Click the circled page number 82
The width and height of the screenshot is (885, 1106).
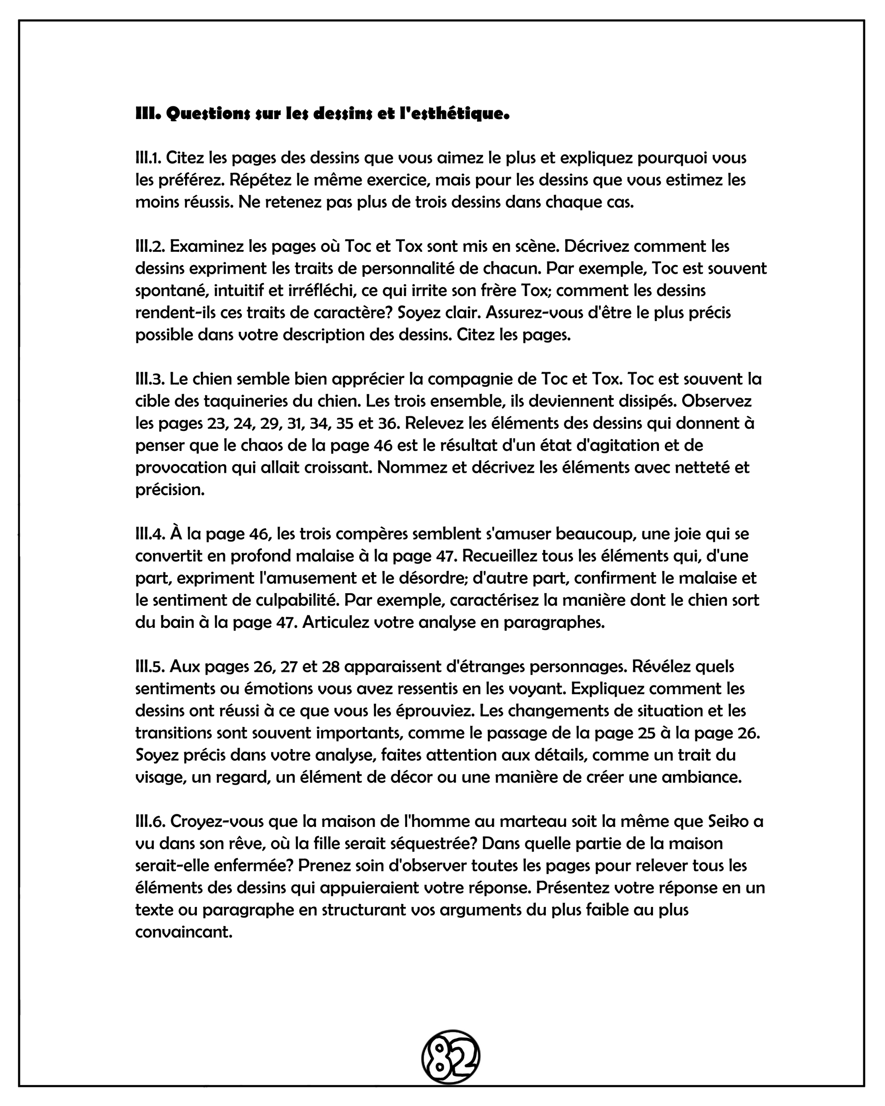pos(450,1055)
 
